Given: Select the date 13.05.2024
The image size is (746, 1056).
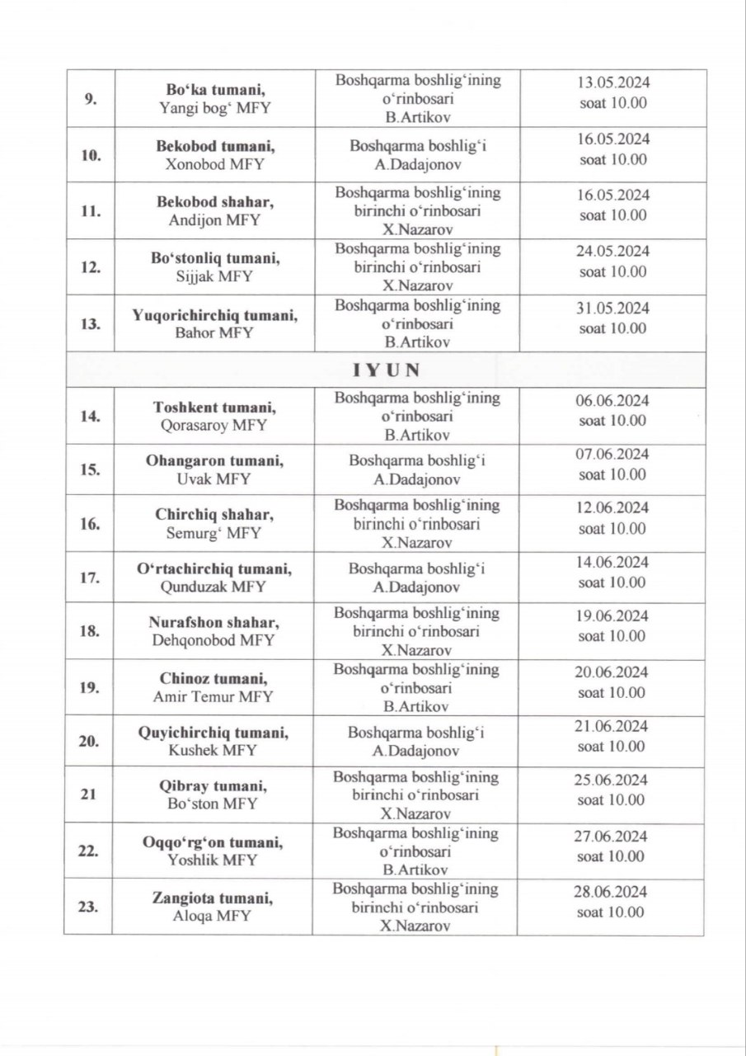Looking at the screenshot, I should pyautogui.click(x=612, y=82).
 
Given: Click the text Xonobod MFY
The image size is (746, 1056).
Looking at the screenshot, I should pyautogui.click(x=212, y=164).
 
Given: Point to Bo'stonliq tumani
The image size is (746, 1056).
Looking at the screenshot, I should pyautogui.click(x=212, y=258).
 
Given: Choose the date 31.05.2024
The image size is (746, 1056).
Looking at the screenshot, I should pyautogui.click(x=612, y=309).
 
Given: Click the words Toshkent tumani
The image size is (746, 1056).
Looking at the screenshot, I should pyautogui.click(x=212, y=407).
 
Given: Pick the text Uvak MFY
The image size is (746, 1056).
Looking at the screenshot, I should pyautogui.click(x=212, y=479).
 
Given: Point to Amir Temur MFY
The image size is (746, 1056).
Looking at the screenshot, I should pyautogui.click(x=212, y=696).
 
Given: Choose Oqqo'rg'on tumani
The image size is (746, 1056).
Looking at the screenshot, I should pyautogui.click(x=212, y=842).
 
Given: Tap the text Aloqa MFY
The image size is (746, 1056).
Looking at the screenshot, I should pyautogui.click(x=212, y=916).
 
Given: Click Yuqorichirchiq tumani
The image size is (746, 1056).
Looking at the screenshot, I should pyautogui.click(x=212, y=315).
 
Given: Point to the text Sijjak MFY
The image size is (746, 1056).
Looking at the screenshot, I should pyautogui.click(x=212, y=276).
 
